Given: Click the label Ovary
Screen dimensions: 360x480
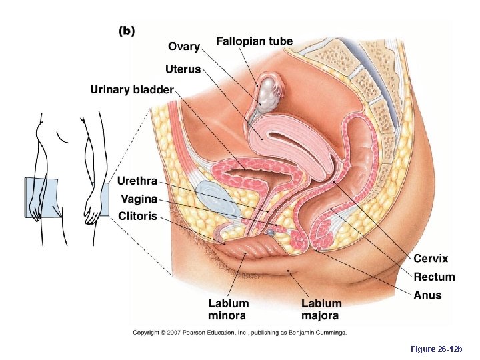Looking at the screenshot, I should (184, 46).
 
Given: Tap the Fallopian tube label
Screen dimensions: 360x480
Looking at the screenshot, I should (254, 41).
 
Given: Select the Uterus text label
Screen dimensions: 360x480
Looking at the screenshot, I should (183, 69).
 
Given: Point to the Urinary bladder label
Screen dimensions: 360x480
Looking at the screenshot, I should (131, 89).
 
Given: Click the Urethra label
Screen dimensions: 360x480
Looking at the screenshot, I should (137, 181).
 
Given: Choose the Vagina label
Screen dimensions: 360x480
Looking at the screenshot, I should (139, 198).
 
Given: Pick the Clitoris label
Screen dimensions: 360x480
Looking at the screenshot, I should (137, 215).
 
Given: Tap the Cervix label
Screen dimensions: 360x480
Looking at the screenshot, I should (431, 259).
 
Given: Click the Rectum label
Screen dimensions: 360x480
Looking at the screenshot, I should (434, 277).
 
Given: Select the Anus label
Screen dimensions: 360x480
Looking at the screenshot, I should (427, 295).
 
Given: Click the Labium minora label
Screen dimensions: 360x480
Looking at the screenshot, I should (228, 309).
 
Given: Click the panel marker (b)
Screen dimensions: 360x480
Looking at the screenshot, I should (126, 31).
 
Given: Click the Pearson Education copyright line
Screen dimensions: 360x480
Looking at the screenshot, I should (239, 332).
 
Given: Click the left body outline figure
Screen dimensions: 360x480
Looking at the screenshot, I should (47, 180).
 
